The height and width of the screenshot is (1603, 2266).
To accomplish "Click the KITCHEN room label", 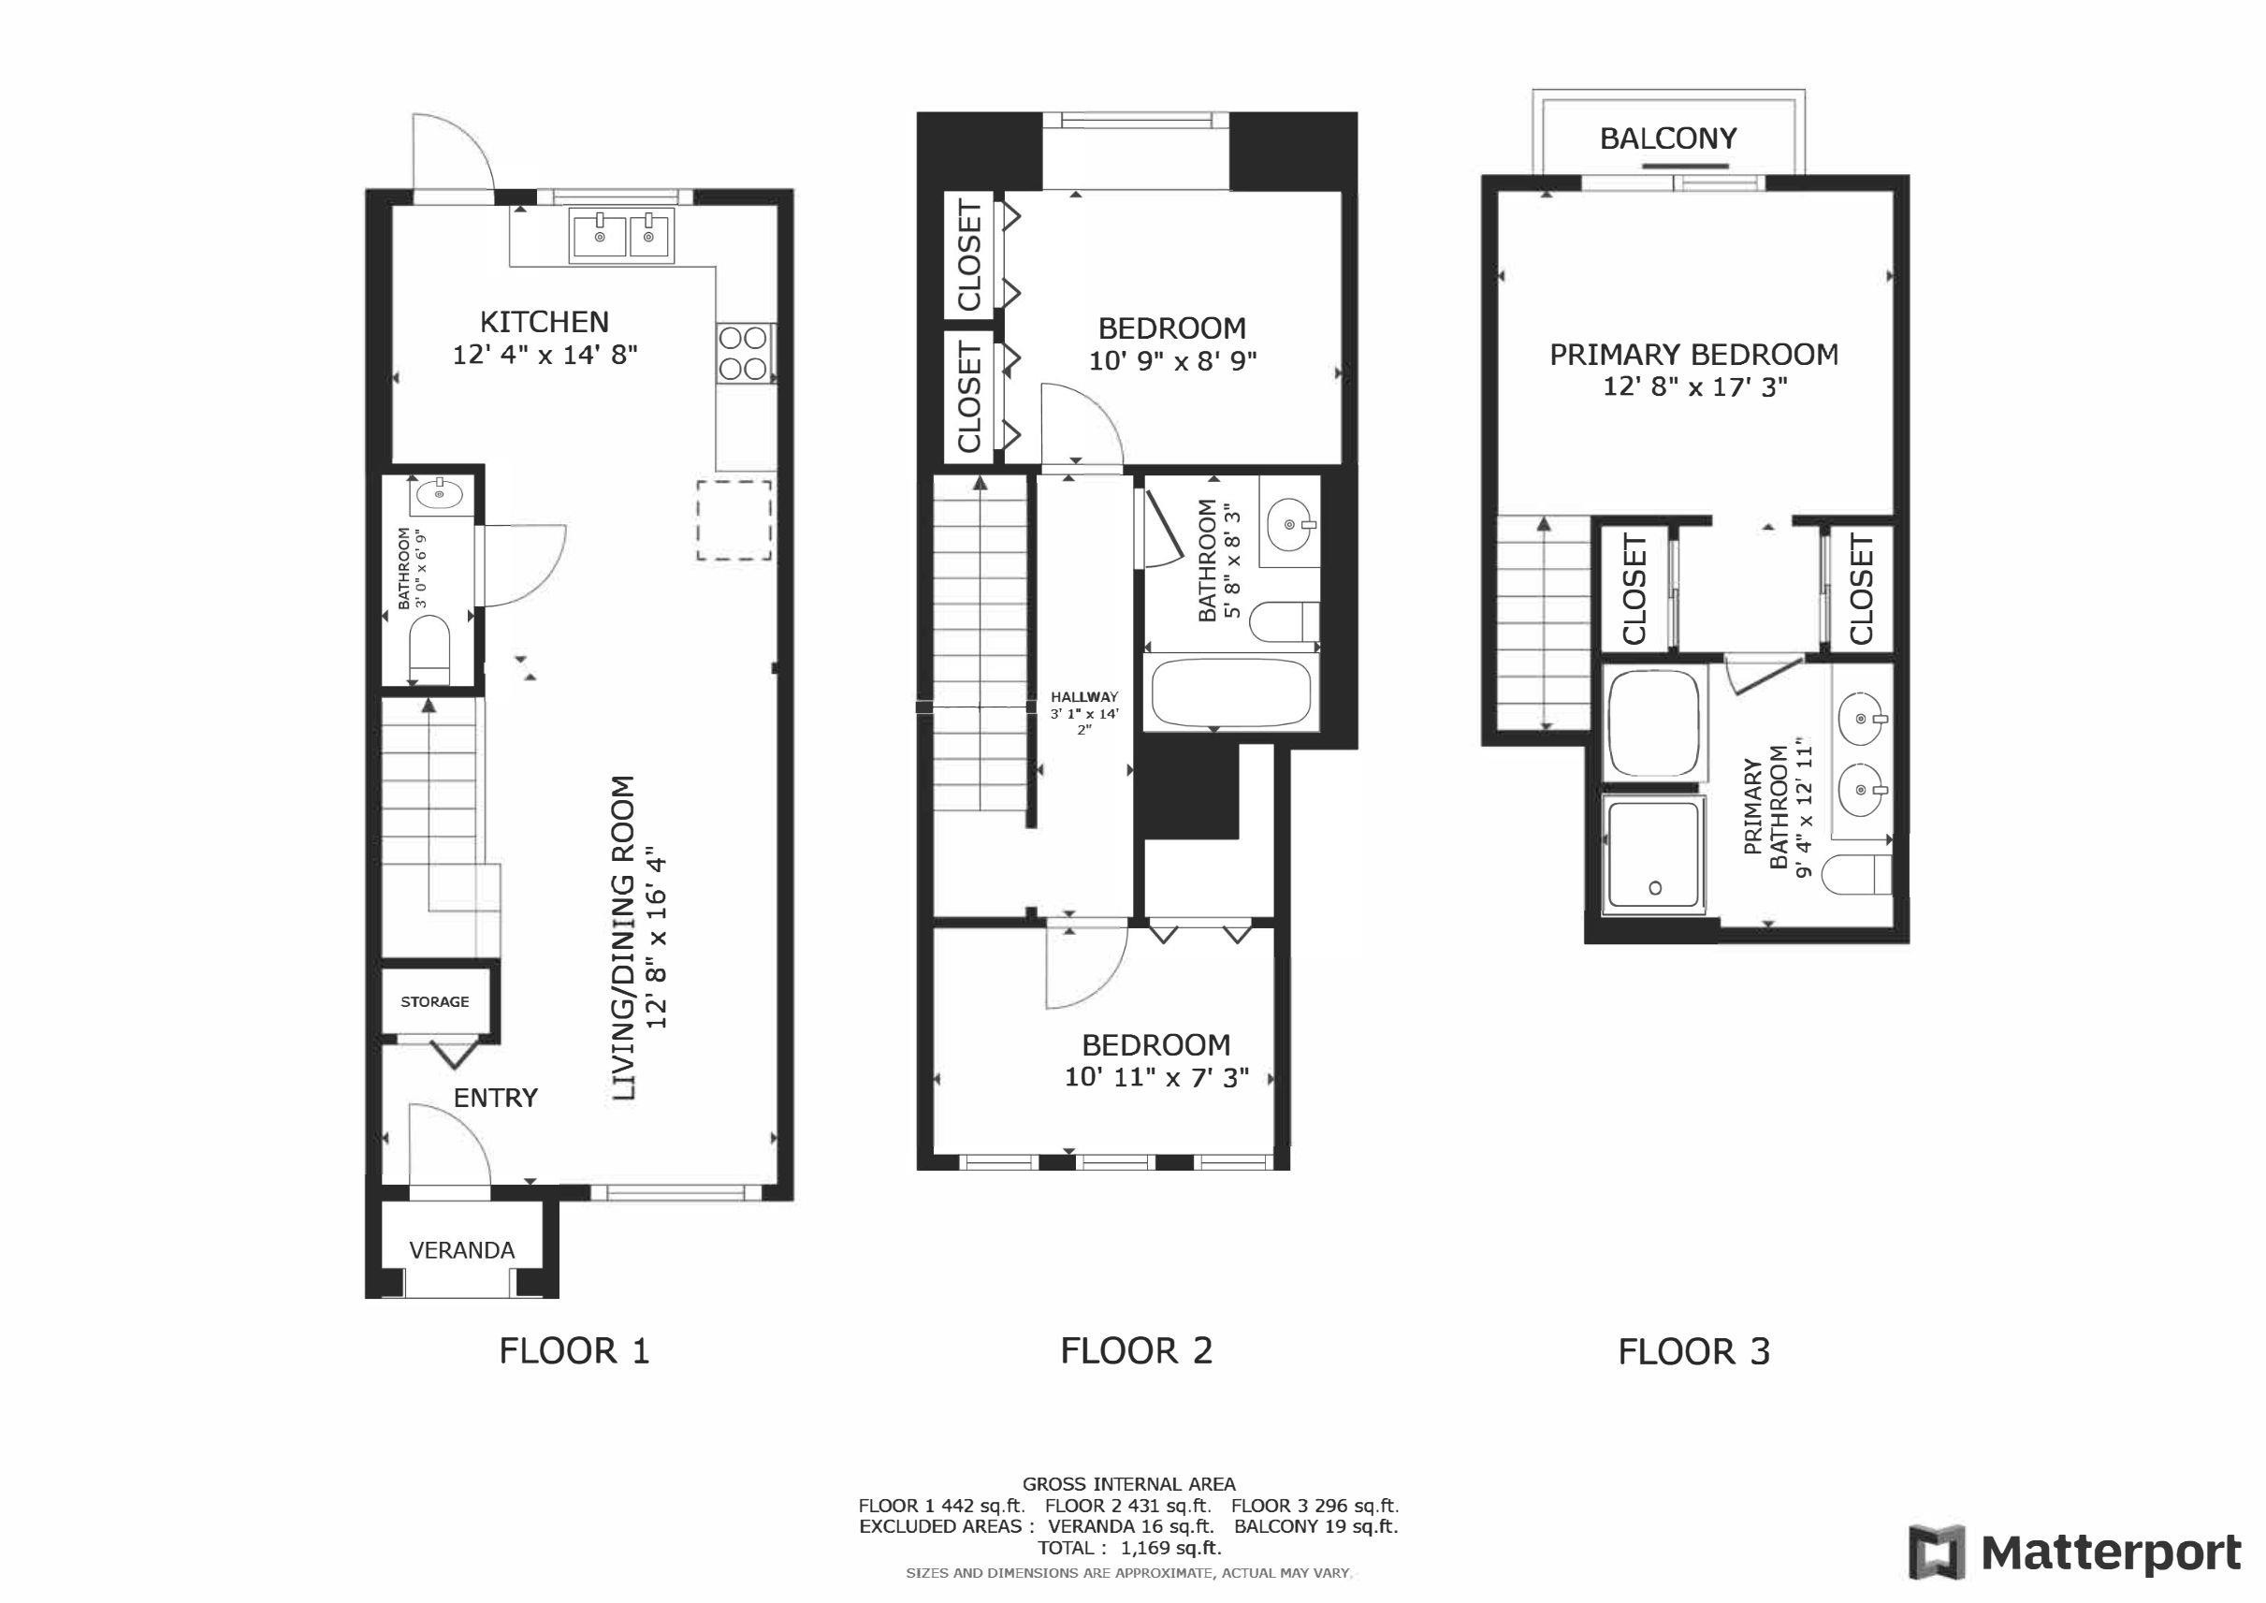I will (544, 322).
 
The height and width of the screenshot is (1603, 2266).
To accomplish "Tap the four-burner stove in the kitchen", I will (744, 354).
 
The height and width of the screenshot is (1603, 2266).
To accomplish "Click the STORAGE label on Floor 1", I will (434, 1002).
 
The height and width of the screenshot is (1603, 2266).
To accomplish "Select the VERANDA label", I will (462, 1250).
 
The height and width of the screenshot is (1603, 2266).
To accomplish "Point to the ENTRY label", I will (496, 1098).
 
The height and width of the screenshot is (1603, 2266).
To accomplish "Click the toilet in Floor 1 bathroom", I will (429, 648).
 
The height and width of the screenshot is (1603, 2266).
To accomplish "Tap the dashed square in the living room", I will (734, 520).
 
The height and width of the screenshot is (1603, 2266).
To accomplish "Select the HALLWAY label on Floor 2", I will (1084, 697).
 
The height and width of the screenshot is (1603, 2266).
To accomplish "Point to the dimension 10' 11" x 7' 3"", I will (1156, 1077).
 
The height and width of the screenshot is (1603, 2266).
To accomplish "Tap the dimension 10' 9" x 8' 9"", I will (1172, 361).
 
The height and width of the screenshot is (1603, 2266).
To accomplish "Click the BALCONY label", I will (1668, 139).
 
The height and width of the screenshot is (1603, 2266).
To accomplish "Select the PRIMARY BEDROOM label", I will (1693, 355).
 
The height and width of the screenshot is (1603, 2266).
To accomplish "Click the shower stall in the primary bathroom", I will (1655, 854).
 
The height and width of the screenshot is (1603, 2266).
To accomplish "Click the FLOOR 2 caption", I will (1136, 1350).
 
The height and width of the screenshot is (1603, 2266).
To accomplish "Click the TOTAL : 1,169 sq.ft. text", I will (1129, 1548).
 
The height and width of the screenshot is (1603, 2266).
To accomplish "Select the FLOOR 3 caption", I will (1693, 1351).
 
